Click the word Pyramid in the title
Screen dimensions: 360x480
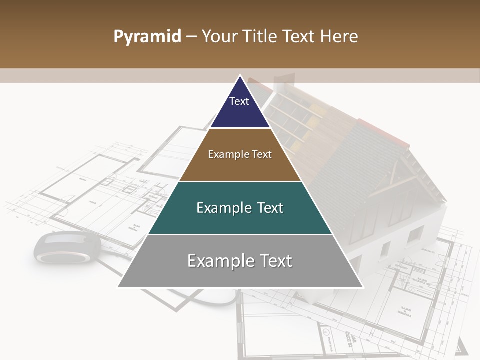tap(147, 37)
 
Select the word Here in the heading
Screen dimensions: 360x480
tap(340, 36)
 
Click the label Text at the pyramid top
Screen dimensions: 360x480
tap(239, 101)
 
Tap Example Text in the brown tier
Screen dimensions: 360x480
tap(240, 154)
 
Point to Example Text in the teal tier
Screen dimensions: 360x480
tap(240, 208)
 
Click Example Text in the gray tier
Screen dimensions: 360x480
tap(240, 261)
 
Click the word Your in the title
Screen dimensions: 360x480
tap(219, 36)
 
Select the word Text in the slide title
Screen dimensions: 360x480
tap(301, 36)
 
